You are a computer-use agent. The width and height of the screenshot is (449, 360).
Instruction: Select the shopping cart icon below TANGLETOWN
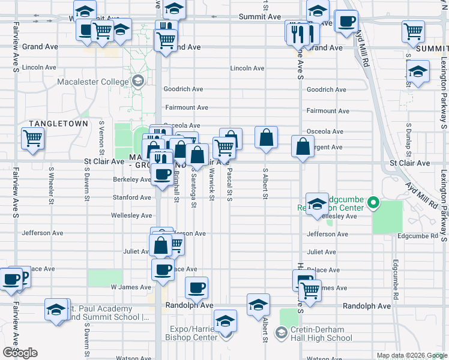coord(33,139)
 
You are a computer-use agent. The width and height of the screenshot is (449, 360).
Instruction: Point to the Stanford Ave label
coord(132,197)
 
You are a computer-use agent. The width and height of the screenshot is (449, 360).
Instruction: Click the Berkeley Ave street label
coord(132,179)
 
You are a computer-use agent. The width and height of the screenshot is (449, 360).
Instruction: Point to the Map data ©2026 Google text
coord(411,355)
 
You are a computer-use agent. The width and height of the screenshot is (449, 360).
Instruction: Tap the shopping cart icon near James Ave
coord(310,290)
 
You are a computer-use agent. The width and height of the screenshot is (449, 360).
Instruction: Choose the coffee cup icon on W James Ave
coord(196,288)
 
